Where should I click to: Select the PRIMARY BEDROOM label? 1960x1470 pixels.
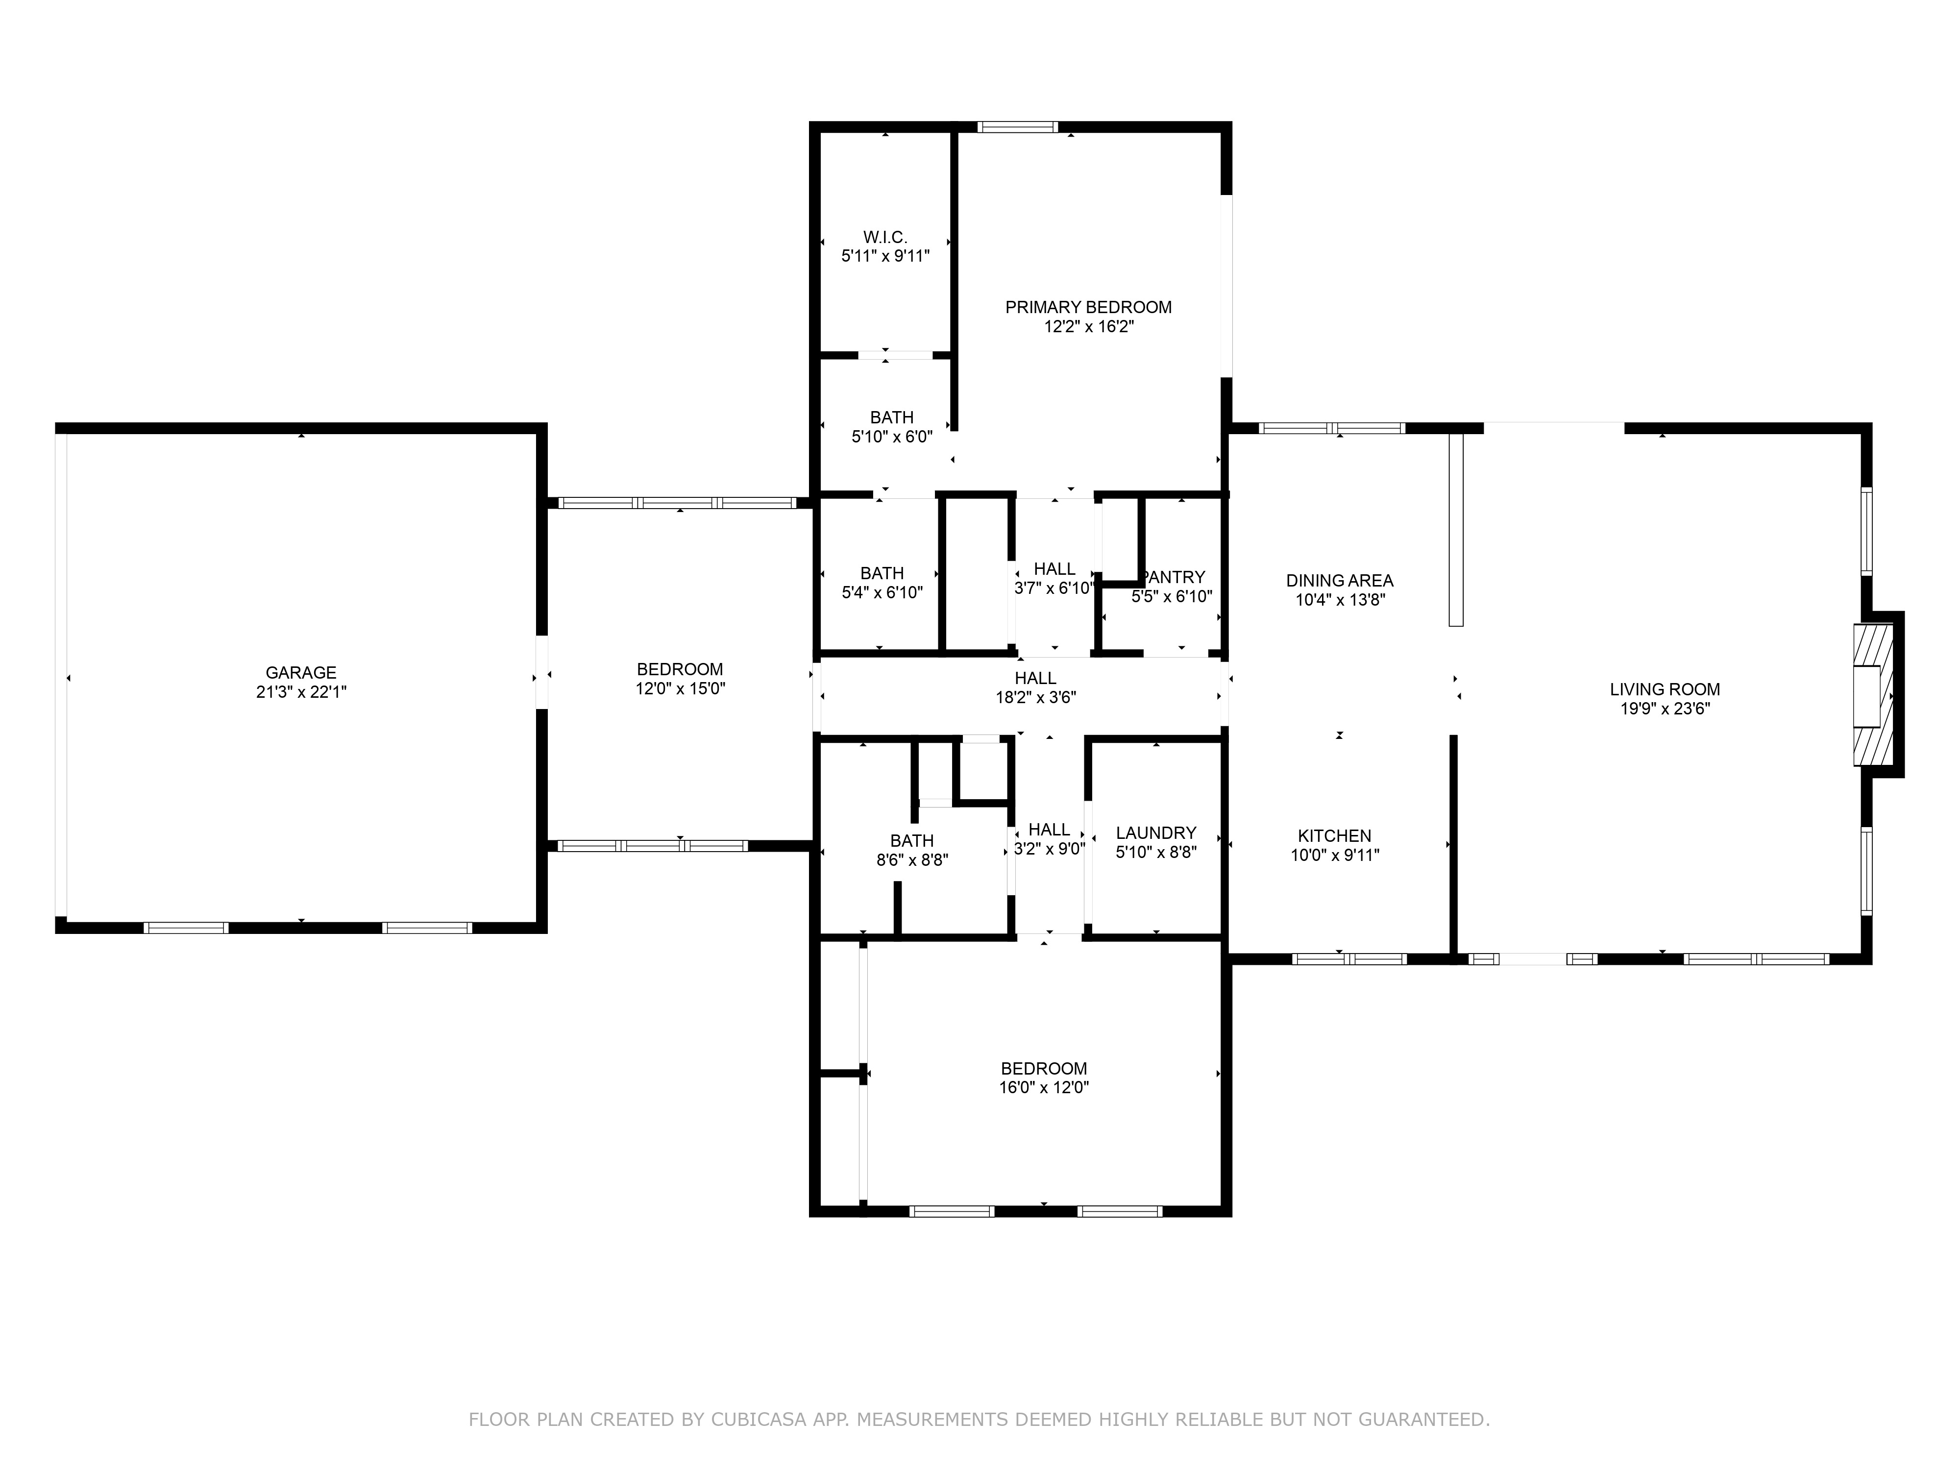(x=1088, y=307)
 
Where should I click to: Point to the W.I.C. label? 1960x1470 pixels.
(x=885, y=238)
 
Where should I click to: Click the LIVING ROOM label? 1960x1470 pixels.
(x=1665, y=689)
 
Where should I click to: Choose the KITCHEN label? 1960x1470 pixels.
(x=1334, y=835)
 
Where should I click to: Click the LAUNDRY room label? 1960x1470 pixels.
(x=1156, y=833)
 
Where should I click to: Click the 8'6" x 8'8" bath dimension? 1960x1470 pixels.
(x=912, y=859)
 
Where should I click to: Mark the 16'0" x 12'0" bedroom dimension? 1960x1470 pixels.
(x=1044, y=1087)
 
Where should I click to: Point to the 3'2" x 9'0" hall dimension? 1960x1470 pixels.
(x=1049, y=849)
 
